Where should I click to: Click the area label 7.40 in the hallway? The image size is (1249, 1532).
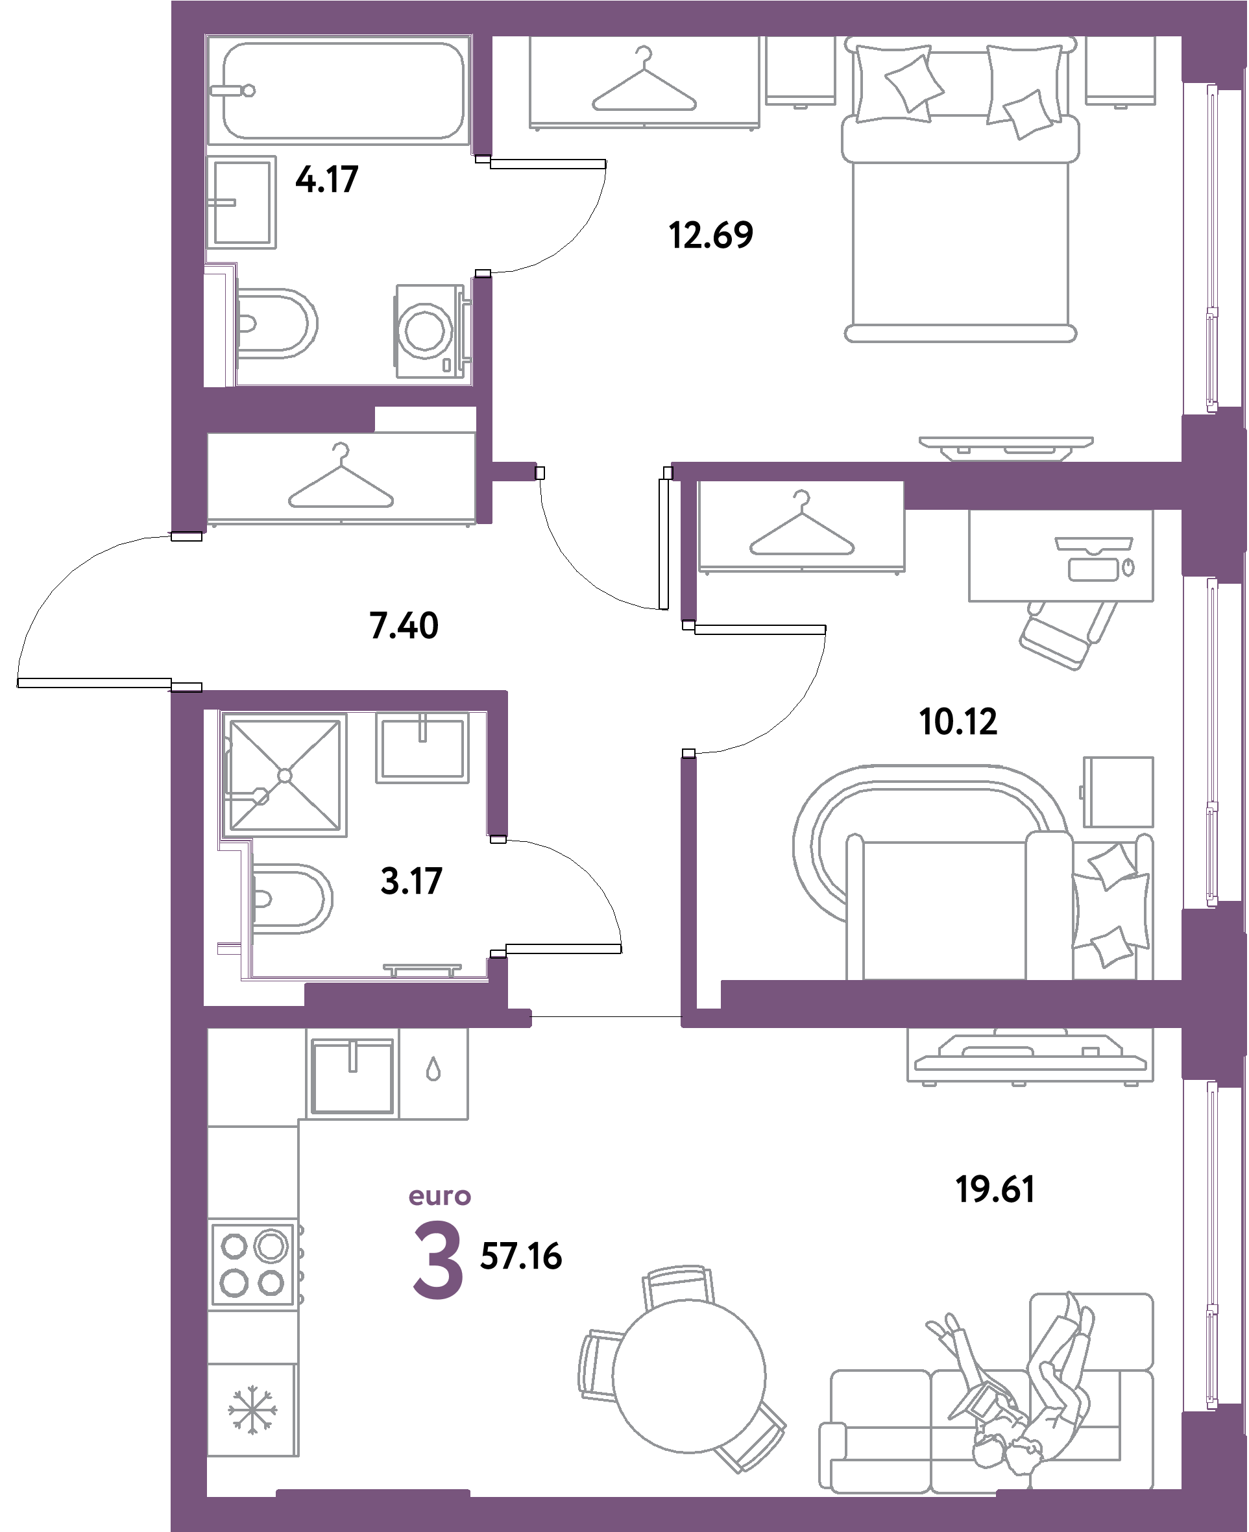coord(403,625)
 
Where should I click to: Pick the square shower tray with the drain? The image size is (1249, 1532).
coord(285,775)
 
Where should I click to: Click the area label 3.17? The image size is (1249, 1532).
coord(411,881)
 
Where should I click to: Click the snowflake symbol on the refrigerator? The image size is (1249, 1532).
coord(252,1411)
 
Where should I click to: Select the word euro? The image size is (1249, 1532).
coord(440,1196)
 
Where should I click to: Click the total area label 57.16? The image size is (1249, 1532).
coord(520,1257)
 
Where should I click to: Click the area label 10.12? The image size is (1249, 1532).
coord(958,721)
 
